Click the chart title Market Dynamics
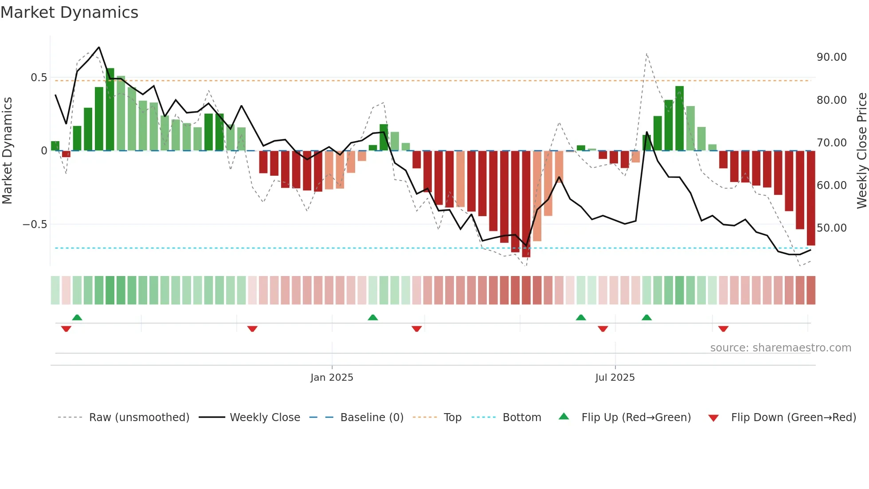tap(69, 12)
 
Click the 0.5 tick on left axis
tap(39, 78)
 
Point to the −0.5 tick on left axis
tap(35, 225)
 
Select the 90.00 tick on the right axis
tap(831, 57)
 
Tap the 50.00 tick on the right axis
tap(831, 228)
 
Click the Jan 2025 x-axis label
tap(332, 378)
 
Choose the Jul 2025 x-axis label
tap(615, 378)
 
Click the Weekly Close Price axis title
tap(861, 151)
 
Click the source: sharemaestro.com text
tap(780, 348)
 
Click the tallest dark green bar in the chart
tap(110, 109)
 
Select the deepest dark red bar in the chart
tap(526, 204)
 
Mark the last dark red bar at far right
tap(810, 198)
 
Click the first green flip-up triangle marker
tap(77, 317)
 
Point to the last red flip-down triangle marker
tap(723, 329)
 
